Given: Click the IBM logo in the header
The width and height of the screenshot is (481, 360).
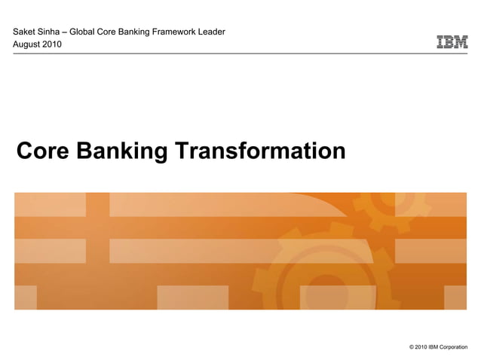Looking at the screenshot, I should (452, 42).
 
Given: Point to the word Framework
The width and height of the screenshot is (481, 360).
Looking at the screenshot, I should (176, 31).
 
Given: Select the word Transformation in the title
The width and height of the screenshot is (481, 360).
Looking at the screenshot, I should (260, 151).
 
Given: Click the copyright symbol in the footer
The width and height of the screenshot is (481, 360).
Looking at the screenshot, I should (411, 347).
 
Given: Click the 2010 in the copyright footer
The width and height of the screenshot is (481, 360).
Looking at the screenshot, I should (421, 347).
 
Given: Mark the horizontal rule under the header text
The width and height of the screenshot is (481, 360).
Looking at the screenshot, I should (240, 53).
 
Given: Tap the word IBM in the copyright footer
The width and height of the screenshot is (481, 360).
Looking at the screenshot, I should (434, 347).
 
